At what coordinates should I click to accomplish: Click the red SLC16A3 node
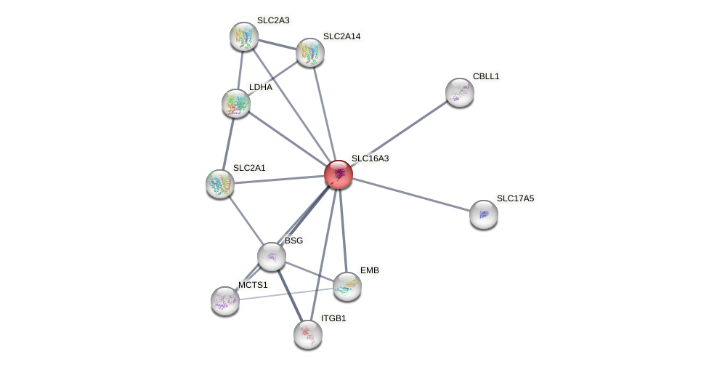338,174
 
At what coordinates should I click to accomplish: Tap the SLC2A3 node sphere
244,36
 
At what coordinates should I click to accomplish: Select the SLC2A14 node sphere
310,52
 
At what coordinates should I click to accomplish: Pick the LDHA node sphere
236,103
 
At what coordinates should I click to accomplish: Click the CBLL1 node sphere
460,92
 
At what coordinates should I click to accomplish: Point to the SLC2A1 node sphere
220,184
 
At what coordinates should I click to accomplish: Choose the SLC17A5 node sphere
484,214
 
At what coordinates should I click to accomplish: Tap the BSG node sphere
272,257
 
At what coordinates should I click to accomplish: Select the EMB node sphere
347,286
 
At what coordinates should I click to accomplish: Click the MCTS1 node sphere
225,301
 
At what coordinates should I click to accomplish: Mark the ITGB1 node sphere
308,334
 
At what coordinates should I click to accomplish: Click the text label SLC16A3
370,158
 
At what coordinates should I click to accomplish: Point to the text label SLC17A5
515,198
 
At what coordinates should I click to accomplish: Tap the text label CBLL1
486,76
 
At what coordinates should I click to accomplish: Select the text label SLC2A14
341,36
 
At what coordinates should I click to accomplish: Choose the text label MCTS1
253,285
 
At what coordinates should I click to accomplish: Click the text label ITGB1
333,318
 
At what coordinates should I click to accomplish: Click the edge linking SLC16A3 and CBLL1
399,133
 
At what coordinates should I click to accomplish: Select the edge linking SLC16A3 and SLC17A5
410,194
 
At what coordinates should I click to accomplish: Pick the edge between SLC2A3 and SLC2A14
277,44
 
